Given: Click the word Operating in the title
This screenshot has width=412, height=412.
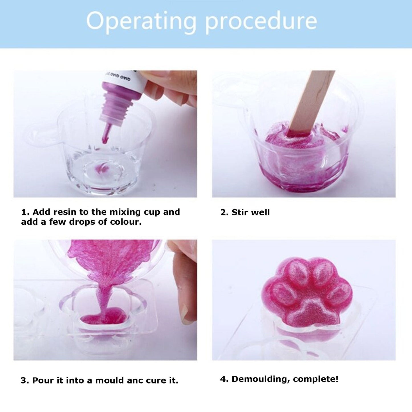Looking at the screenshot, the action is pyautogui.click(x=141, y=21).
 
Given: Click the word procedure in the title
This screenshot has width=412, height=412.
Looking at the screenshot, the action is pyautogui.click(x=261, y=21).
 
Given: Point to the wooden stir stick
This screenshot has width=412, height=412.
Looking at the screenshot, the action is pyautogui.click(x=311, y=103).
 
